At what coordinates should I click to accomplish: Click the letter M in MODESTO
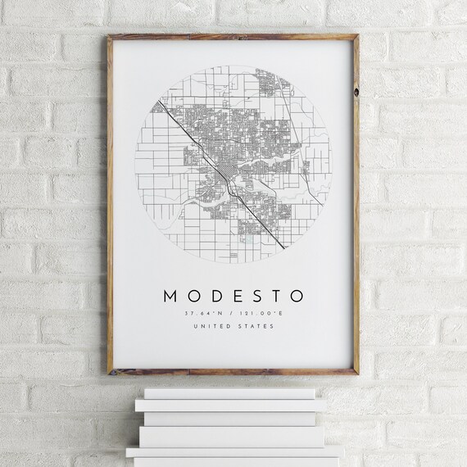(170, 295)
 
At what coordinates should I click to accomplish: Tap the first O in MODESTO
(195, 295)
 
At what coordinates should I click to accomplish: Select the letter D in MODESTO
(216, 295)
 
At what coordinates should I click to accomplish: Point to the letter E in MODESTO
(236, 295)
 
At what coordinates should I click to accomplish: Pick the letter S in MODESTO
(255, 295)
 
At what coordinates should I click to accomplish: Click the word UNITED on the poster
(212, 327)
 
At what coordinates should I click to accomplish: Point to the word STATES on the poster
(258, 327)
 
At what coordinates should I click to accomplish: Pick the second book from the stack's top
(230, 405)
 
